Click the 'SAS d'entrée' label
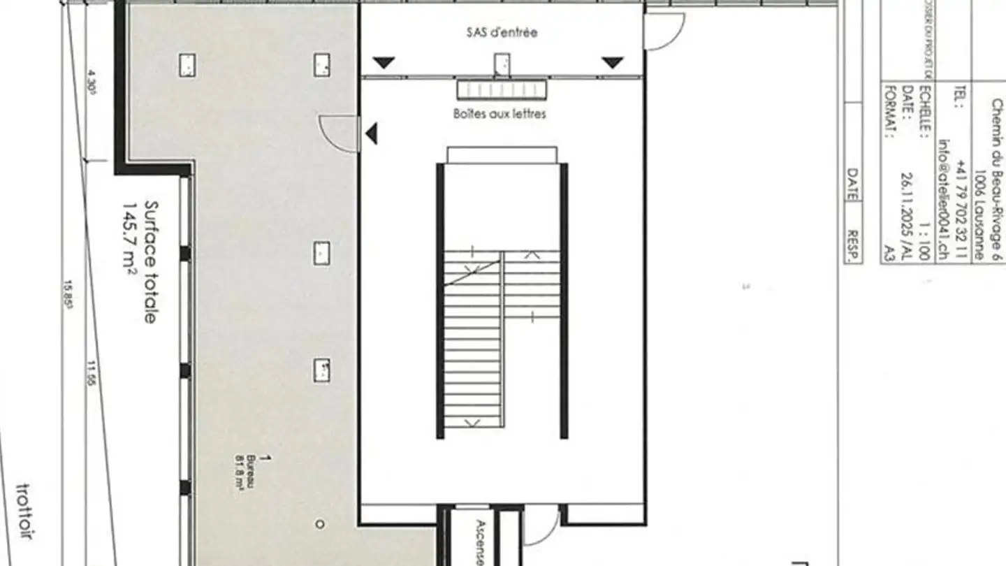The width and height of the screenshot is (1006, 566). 502,32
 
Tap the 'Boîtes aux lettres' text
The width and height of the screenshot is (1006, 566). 500,114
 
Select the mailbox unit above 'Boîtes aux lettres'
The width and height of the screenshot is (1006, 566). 502,90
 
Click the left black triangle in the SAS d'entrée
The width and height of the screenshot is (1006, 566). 384,63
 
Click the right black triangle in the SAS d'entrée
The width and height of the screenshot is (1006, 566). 613,63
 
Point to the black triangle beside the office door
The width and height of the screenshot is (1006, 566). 372,133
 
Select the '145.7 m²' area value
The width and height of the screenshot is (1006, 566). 130,240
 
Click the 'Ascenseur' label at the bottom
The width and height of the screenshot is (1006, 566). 481,542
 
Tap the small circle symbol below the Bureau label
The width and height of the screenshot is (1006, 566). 320,523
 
